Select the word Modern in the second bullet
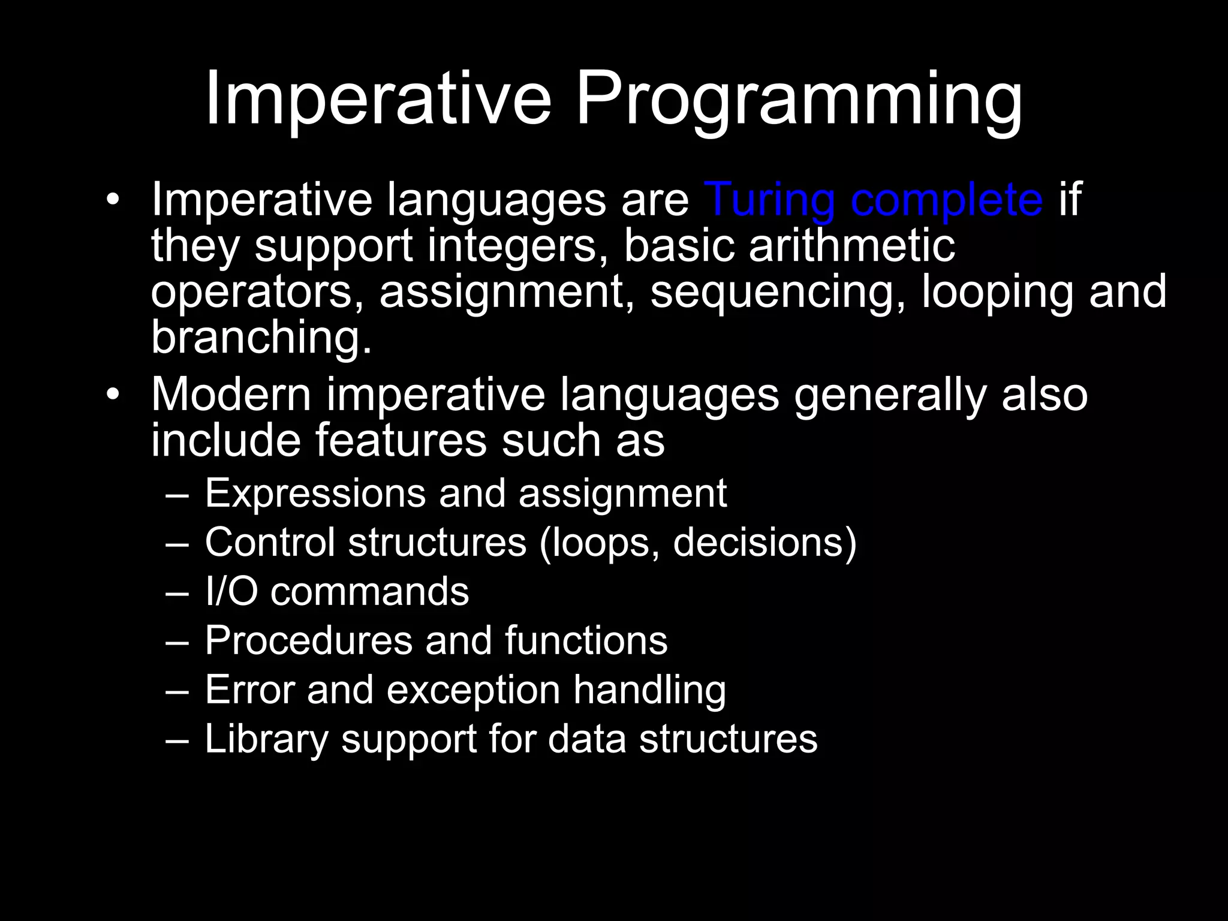click(231, 396)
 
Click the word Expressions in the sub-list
click(315, 494)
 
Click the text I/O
click(231, 591)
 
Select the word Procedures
click(308, 640)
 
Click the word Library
click(266, 739)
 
